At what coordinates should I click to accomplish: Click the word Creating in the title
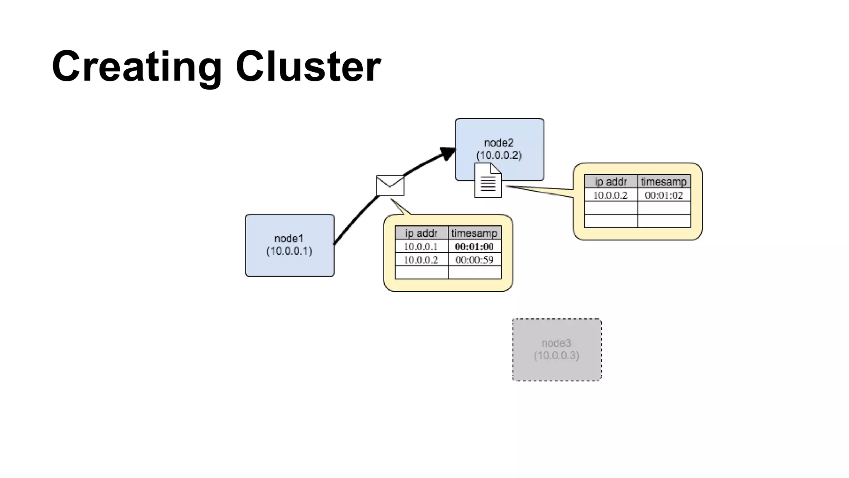pos(137,66)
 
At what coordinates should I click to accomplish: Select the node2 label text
pos(499,143)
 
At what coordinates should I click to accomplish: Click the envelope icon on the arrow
pos(390,185)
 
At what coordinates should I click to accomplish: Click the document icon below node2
pos(488,181)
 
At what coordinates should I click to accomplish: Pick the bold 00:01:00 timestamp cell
pos(474,246)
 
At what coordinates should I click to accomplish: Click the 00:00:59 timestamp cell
pos(474,260)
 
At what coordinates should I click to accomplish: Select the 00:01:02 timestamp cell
pos(664,195)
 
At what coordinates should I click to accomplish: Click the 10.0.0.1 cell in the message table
pos(421,246)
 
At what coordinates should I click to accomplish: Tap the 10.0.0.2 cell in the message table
pos(421,260)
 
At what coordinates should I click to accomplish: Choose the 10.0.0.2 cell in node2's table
pos(610,195)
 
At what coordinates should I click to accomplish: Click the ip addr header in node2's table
pos(610,182)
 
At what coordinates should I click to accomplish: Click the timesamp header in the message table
pos(474,233)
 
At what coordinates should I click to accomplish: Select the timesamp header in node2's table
pos(664,182)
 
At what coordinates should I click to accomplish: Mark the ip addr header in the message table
pos(421,233)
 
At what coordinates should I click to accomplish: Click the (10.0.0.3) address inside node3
pos(556,356)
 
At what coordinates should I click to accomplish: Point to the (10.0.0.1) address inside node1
pos(289,251)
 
